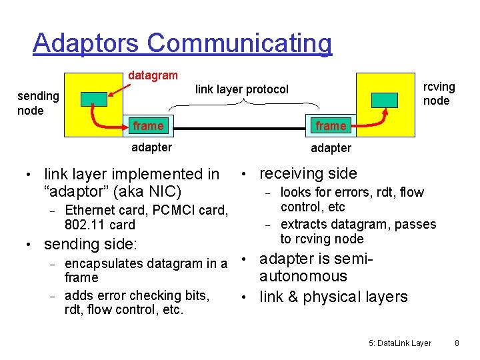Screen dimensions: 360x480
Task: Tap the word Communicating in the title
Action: pos(239,43)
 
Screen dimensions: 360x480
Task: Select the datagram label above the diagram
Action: pos(153,76)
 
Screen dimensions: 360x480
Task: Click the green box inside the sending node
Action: pos(94,99)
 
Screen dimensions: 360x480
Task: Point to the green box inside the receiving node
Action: pos(385,99)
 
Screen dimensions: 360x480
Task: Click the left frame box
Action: pos(148,126)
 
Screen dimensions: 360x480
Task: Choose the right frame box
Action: pos(331,126)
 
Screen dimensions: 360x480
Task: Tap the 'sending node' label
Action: pos(38,103)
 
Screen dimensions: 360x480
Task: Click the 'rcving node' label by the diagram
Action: pos(439,93)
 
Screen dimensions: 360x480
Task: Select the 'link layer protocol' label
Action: pos(242,89)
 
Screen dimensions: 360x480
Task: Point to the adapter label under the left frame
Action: pos(152,147)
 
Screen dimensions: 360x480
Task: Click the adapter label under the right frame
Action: pos(331,147)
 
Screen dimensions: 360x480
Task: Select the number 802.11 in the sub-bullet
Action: pos(85,225)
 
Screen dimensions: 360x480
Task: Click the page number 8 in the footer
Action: pos(457,343)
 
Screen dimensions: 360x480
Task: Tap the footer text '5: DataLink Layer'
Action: pos(399,343)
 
